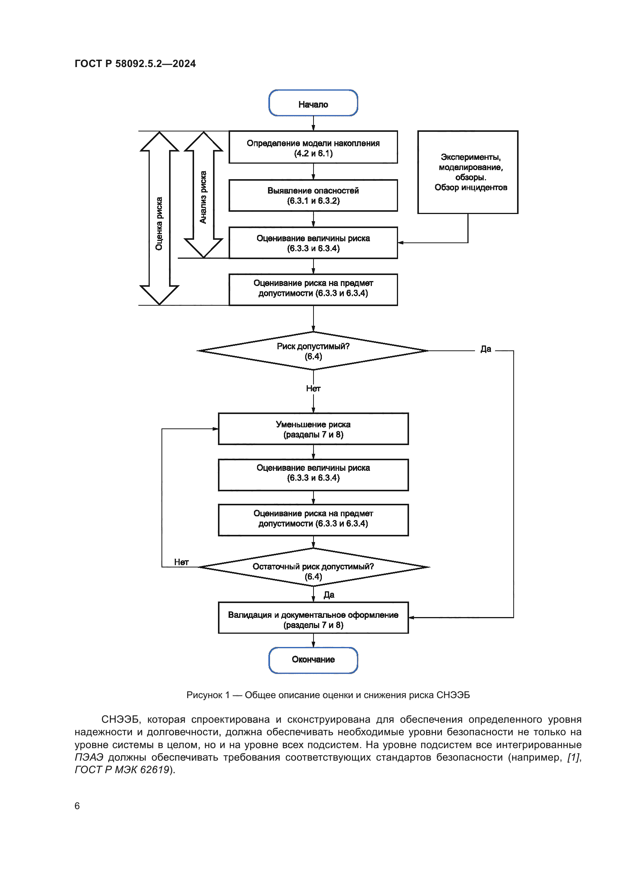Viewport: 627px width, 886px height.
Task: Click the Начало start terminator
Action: [x=313, y=103]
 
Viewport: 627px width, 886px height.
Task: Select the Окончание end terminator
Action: [x=313, y=659]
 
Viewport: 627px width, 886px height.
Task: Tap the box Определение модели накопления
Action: [x=313, y=147]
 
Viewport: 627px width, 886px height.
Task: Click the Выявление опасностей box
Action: [x=313, y=195]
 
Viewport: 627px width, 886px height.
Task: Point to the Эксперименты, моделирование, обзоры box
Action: [x=468, y=172]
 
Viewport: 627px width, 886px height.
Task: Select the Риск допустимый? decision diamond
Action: [x=313, y=351]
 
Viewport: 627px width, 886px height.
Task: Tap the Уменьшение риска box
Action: [x=313, y=429]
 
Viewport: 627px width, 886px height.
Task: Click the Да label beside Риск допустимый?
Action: [x=486, y=349]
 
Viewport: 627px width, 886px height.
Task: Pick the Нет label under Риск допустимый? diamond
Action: [x=313, y=389]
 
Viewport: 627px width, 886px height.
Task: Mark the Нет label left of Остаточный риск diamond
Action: [x=181, y=562]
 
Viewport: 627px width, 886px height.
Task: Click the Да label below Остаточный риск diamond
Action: [x=329, y=595]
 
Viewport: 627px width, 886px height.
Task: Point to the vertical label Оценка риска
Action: [x=159, y=223]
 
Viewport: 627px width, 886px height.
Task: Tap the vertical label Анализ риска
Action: [x=203, y=197]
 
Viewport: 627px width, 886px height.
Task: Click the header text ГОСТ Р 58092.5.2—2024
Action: [x=135, y=64]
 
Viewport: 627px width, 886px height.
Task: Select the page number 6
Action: [x=77, y=806]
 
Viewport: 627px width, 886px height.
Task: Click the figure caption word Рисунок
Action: [x=204, y=695]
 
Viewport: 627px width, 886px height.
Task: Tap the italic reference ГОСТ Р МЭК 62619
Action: [x=122, y=770]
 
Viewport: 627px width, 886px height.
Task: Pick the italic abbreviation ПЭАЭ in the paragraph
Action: [x=89, y=757]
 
